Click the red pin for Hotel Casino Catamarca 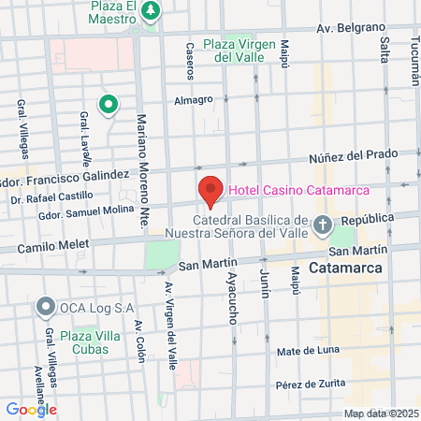click(210, 191)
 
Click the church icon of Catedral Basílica click(323, 225)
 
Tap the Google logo click(31, 408)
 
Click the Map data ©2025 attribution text click(381, 414)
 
